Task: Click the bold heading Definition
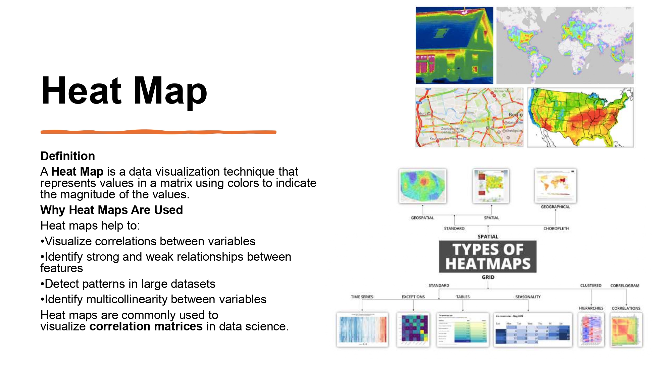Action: coord(68,156)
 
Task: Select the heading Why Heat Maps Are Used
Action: coord(111,210)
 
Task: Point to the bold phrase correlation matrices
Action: coord(146,326)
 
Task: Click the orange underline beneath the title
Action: coord(158,132)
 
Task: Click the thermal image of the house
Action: coord(454,46)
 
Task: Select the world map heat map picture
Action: coord(565,46)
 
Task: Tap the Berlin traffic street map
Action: coord(469,117)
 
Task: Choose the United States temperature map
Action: coord(580,117)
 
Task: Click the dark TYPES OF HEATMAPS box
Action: coord(487,257)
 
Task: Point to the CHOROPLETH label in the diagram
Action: coord(556,229)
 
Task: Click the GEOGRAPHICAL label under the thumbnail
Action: coord(555,207)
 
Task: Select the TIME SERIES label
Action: coord(362,297)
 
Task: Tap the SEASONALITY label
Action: coord(528,297)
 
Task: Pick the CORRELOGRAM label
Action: coord(625,286)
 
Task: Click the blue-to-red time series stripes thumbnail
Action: coord(362,330)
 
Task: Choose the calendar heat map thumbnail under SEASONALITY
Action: coord(533,330)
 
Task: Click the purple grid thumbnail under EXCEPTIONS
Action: coord(413,330)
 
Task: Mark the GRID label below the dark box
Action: coord(488,277)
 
